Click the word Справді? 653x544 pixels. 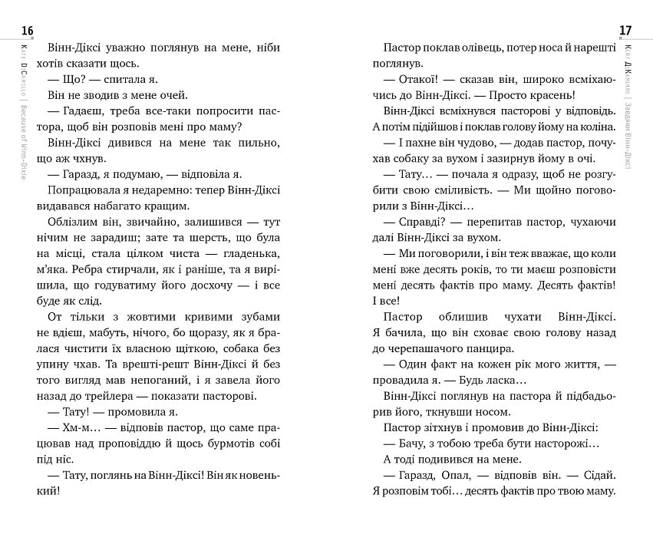[427, 223]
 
